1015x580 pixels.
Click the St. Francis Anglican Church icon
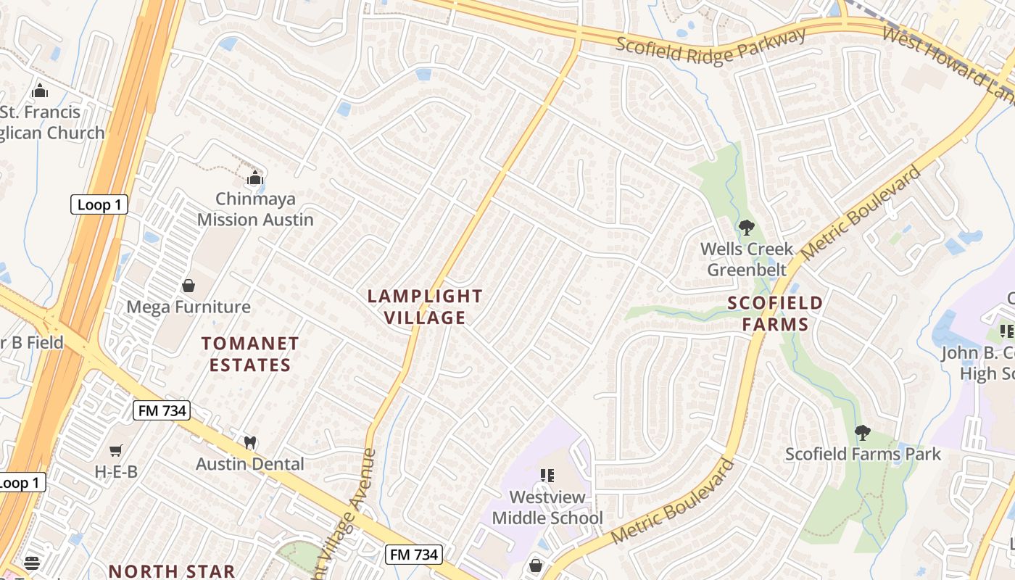(39, 91)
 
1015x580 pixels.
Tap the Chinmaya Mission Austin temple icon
(254, 178)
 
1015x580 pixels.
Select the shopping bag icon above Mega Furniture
(188, 285)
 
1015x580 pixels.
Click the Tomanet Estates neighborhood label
(250, 354)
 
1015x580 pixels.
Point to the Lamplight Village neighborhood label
(424, 307)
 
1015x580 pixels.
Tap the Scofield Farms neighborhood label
(775, 313)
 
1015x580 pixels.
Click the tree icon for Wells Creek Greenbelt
(746, 228)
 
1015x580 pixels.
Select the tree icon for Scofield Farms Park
(862, 433)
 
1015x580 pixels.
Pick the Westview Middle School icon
(547, 476)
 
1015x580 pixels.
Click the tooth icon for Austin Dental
(250, 442)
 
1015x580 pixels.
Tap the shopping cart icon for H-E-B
(116, 450)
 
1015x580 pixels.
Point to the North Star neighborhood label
(172, 571)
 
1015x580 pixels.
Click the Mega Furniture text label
(188, 307)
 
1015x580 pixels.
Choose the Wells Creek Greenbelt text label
(747, 260)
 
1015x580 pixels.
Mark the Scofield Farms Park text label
(863, 455)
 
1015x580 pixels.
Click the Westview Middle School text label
(547, 507)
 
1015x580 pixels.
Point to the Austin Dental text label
(250, 463)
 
